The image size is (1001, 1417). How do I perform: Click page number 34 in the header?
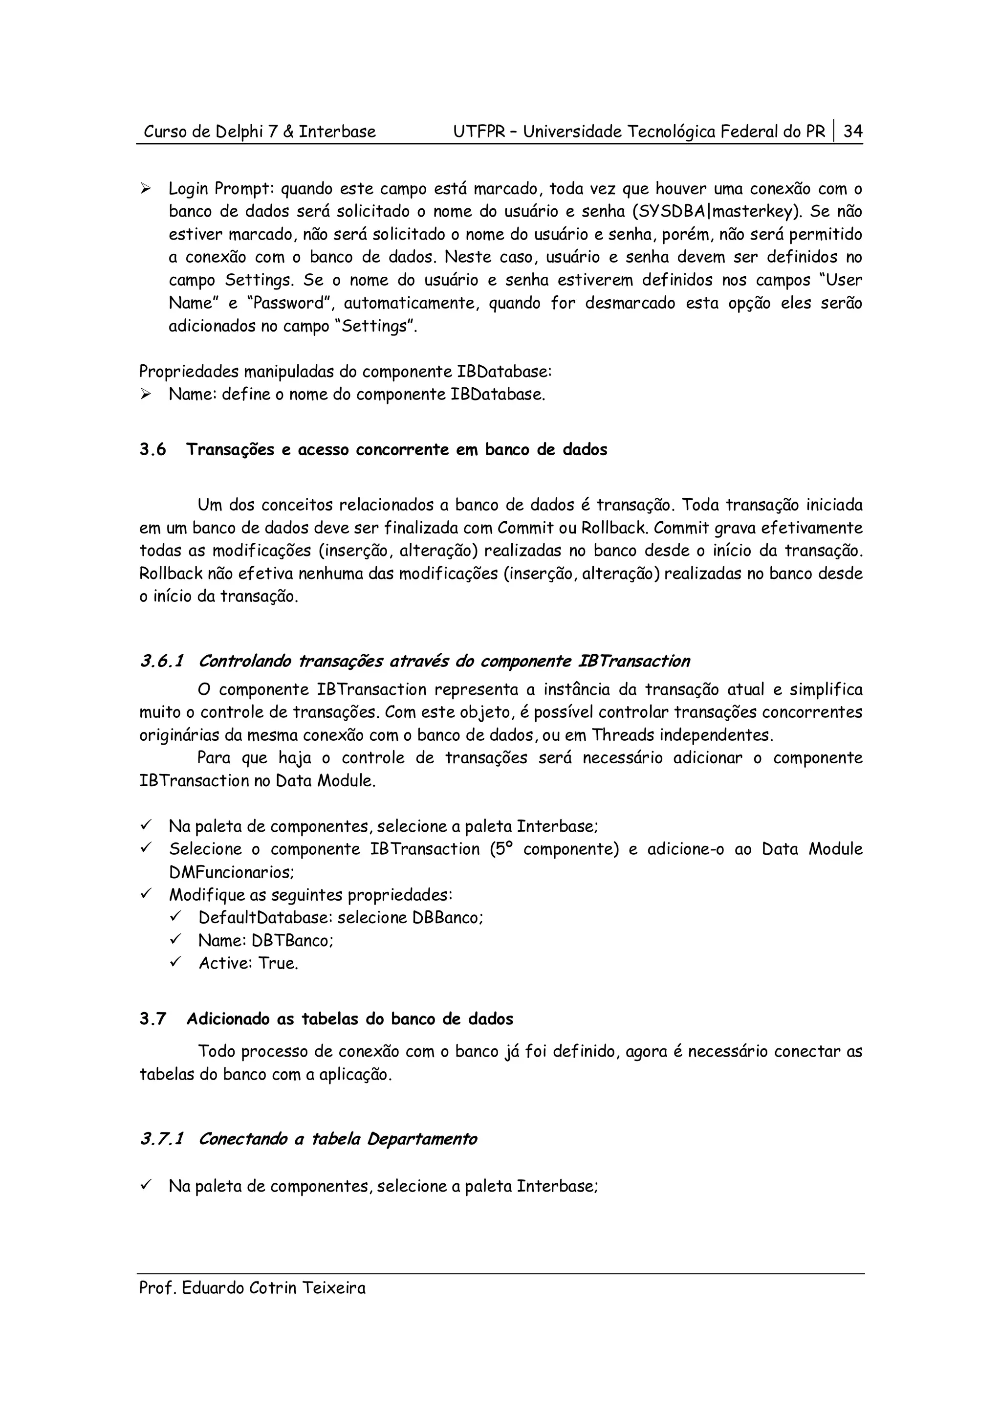[x=852, y=132]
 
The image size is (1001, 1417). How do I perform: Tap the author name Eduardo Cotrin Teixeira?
[x=273, y=1288]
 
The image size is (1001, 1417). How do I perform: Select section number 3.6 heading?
[x=153, y=449]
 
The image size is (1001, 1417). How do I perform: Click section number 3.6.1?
[x=162, y=662]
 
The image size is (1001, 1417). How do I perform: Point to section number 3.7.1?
[x=162, y=1139]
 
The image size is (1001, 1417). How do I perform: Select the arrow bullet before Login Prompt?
[x=146, y=189]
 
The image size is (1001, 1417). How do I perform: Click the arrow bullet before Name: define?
[x=146, y=395]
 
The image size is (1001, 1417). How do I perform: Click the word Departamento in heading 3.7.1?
[x=421, y=1139]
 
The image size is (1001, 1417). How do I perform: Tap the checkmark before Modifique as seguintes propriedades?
[x=146, y=894]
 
